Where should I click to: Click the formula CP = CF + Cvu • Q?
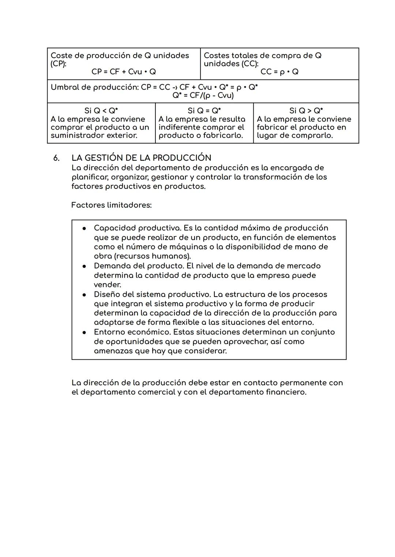point(124,72)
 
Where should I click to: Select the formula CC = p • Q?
point(279,72)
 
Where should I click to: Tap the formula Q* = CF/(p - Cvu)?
point(203,96)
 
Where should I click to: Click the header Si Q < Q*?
point(101,111)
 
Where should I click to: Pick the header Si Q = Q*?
point(204,111)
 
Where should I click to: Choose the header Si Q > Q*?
point(306,111)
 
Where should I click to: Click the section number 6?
point(56,158)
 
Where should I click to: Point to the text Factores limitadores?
point(111,205)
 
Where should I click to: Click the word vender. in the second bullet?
point(107,285)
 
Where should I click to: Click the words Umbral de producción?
point(94,88)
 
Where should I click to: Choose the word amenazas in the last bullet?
point(113,351)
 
